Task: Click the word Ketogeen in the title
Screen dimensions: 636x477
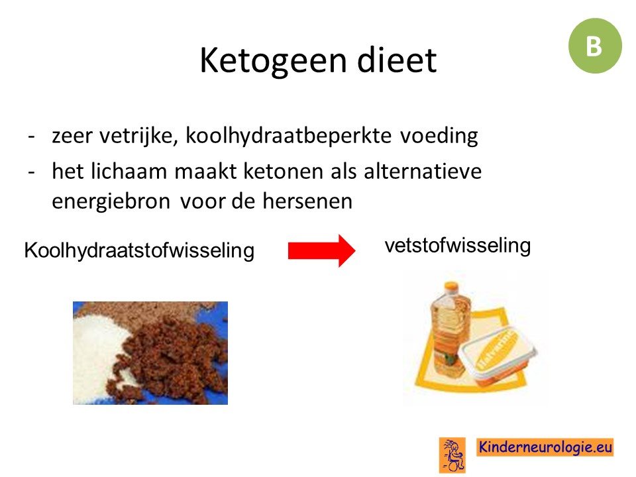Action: click(x=273, y=61)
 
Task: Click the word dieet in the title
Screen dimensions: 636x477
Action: click(x=397, y=60)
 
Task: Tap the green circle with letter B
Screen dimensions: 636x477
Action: click(x=595, y=46)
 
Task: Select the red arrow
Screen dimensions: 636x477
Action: click(x=322, y=250)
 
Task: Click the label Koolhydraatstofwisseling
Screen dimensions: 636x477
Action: click(x=139, y=250)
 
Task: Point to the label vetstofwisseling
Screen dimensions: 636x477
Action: click(x=458, y=245)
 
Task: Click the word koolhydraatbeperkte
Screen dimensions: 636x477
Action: click(x=288, y=135)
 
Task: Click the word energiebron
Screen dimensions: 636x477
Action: click(x=111, y=201)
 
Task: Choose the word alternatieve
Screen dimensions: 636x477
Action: click(x=423, y=171)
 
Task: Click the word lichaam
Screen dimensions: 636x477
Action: click(x=129, y=171)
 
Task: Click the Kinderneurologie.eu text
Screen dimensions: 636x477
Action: click(x=545, y=447)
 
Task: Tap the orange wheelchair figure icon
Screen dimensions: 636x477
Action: click(x=452, y=455)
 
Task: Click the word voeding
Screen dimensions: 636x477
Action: click(x=439, y=135)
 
